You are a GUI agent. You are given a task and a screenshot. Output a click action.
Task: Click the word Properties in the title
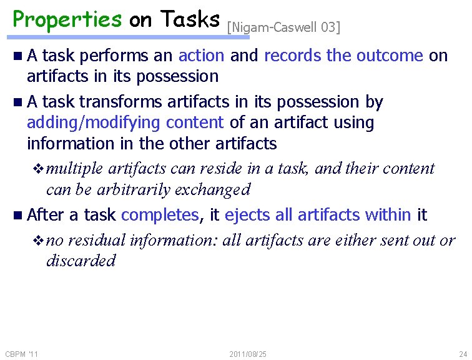coord(67,19)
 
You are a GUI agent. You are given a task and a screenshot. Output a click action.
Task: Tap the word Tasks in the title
coord(189,19)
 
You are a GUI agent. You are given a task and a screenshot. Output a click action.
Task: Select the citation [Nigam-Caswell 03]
coord(283,27)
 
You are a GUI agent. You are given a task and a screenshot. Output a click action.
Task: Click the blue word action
coord(201,56)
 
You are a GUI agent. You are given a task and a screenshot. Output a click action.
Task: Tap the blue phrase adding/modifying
coord(94,122)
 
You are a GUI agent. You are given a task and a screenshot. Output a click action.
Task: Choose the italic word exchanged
coord(220,189)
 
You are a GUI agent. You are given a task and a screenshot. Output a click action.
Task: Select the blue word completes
coord(160,215)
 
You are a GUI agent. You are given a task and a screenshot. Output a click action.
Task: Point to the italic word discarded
coord(81,261)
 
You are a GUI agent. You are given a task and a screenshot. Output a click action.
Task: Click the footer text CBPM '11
coord(22,354)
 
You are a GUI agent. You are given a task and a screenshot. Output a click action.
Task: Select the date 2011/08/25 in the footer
coord(248,354)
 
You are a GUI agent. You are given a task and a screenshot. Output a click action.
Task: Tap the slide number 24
coord(463,354)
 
